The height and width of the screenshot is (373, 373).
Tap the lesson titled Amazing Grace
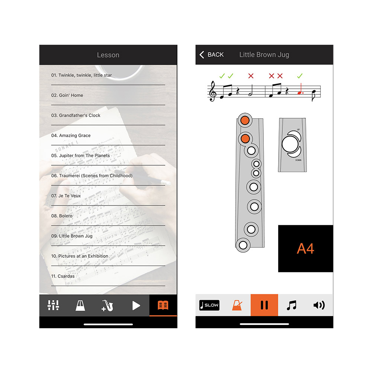coord(71,135)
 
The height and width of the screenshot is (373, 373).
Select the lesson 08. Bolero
coord(62,216)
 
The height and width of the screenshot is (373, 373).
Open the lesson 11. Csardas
coord(63,276)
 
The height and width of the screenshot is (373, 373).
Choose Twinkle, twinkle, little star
coord(81,75)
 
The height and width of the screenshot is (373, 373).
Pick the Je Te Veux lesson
coord(66,196)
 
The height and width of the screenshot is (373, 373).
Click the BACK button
coord(211,55)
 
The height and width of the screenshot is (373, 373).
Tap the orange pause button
coord(264,305)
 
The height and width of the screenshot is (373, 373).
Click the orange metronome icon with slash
coord(237,305)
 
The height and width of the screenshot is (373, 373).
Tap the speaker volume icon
coord(319,305)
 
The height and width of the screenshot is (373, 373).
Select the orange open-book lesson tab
coord(163,305)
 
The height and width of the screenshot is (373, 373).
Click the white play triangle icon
coord(136,305)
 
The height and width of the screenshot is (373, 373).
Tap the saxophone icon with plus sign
coord(107,305)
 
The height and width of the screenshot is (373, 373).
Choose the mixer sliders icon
coord(53,305)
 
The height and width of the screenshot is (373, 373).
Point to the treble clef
coord(212,91)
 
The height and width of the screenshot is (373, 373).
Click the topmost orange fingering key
coord(245,120)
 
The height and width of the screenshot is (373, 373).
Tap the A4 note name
coord(305,248)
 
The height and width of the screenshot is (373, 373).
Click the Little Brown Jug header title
coord(264,55)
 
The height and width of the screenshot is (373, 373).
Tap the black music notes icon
coord(291,305)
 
